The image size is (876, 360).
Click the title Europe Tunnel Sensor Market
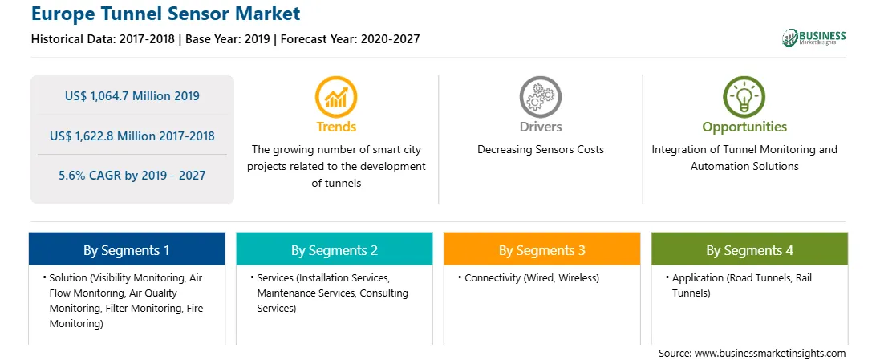pyautogui.click(x=165, y=14)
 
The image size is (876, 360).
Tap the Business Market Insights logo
pyautogui.click(x=814, y=38)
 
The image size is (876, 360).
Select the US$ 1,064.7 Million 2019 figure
pyautogui.click(x=132, y=96)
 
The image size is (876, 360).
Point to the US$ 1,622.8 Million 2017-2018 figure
pyautogui.click(x=132, y=136)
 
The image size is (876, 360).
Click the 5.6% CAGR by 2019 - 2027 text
pyautogui.click(x=132, y=176)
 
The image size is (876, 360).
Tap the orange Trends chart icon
pyautogui.click(x=336, y=97)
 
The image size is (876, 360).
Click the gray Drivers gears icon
pyautogui.click(x=540, y=97)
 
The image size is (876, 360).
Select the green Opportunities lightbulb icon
pyautogui.click(x=744, y=97)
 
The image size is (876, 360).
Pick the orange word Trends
pyautogui.click(x=336, y=127)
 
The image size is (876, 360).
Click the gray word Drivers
pyautogui.click(x=540, y=127)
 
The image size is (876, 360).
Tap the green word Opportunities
pyautogui.click(x=744, y=127)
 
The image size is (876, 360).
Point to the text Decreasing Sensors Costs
pyautogui.click(x=540, y=150)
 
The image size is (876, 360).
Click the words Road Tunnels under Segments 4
pyautogui.click(x=757, y=278)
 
